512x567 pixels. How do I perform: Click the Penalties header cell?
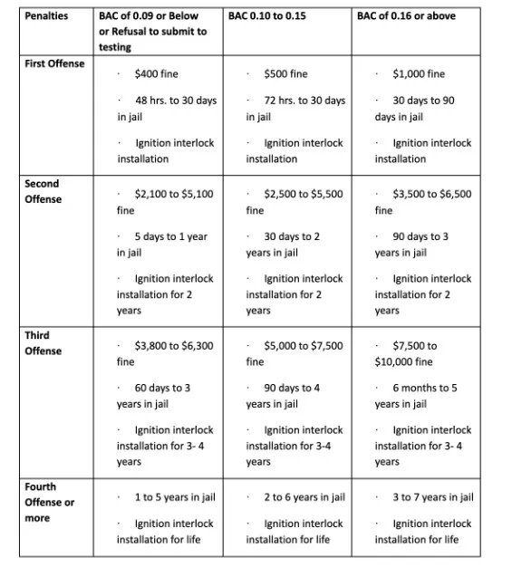[x=47, y=16]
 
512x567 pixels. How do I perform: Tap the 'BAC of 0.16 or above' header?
[x=406, y=16]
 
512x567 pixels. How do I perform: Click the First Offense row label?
[x=54, y=63]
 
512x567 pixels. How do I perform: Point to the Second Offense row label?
[x=43, y=191]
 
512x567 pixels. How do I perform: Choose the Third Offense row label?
[x=43, y=342]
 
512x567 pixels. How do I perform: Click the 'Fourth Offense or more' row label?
[x=49, y=502]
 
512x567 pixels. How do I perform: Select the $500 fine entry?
[x=285, y=73]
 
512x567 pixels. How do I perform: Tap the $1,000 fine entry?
[x=419, y=73]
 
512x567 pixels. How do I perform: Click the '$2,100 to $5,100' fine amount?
[x=174, y=194]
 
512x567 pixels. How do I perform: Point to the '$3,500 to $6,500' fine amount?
[x=431, y=194]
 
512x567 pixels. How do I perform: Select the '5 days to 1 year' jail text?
[x=170, y=236]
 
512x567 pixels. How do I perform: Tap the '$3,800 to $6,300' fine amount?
[x=174, y=345]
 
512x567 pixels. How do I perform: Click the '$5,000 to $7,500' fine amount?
[x=303, y=345]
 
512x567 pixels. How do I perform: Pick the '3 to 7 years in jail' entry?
[x=432, y=497]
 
